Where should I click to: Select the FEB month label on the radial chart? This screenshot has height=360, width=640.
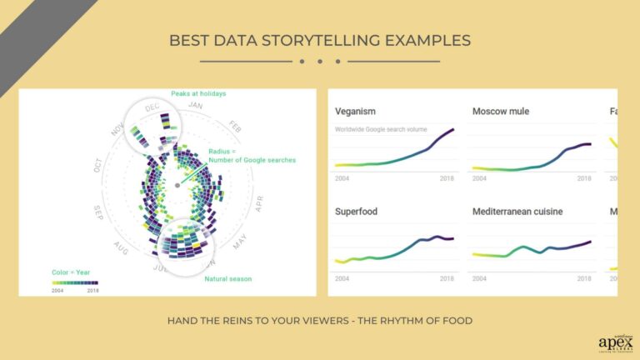pos(236,129)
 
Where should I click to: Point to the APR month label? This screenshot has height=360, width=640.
pos(259,203)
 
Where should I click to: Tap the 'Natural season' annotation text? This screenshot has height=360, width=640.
pos(227,278)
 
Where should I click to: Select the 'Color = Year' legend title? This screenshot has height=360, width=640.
pos(70,272)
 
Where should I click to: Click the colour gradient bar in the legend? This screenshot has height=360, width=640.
pos(75,282)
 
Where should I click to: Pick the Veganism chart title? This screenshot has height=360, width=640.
pos(356,111)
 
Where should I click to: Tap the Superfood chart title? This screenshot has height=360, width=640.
pos(356,212)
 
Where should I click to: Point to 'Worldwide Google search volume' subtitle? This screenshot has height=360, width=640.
pos(385,129)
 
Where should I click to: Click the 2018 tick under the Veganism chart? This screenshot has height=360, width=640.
pos(447,178)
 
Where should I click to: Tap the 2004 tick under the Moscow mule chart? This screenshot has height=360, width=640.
pos(480,178)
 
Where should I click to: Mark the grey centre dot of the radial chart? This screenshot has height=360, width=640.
pos(178,183)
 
